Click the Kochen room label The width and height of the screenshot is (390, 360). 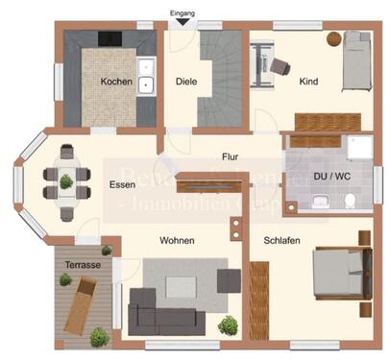coord(116,82)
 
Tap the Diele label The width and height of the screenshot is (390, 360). coord(186,82)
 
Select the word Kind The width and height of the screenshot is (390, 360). coord(309,82)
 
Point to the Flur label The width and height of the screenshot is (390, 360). coord(230,156)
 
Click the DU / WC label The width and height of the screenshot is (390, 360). coord(332,177)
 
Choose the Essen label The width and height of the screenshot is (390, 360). coord(122,186)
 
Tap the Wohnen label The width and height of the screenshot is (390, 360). coord(178,240)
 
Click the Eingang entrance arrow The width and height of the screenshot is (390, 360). coord(183,25)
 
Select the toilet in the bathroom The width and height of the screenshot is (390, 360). coord(351,200)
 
